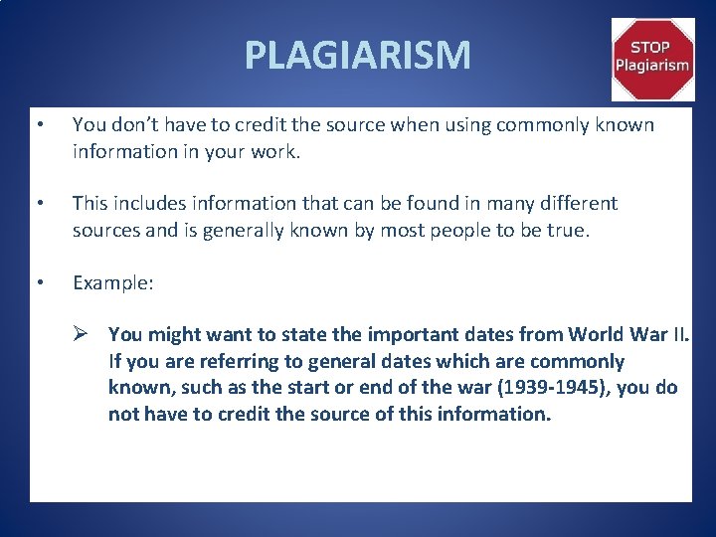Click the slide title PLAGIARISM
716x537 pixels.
tap(358, 55)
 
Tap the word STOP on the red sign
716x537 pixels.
tap(652, 47)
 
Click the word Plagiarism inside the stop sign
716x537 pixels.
tap(652, 66)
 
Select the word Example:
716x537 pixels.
tap(113, 283)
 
